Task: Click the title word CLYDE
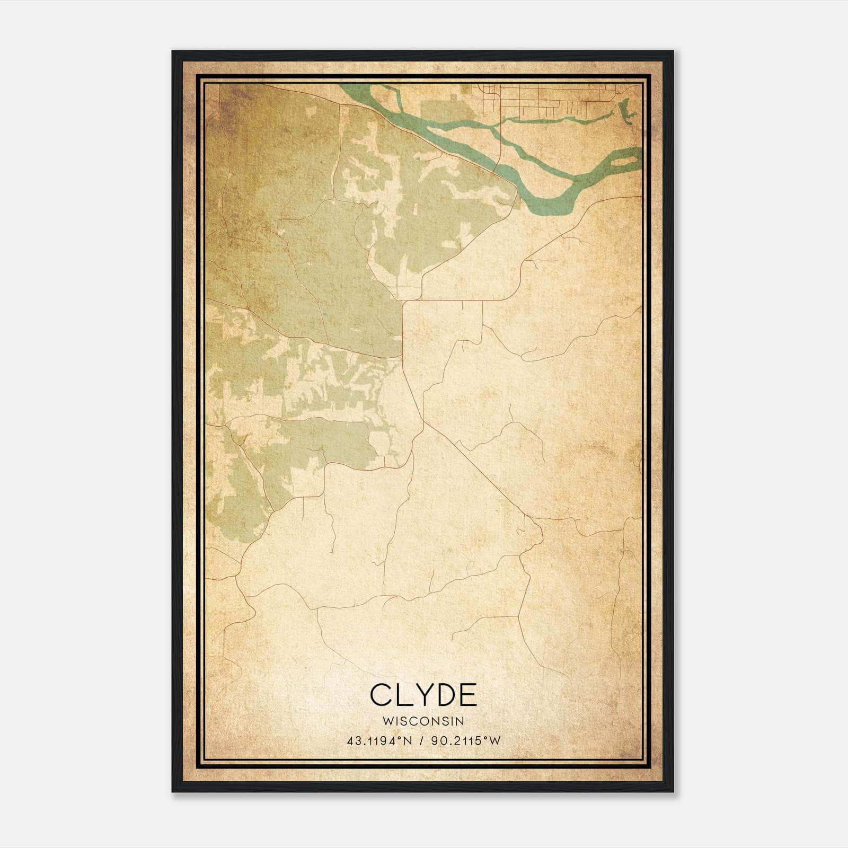click(423, 695)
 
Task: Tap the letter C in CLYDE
click(381, 695)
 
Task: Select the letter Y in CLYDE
click(422, 695)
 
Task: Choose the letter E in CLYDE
click(467, 695)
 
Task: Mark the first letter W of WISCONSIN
click(387, 721)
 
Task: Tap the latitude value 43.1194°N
click(379, 740)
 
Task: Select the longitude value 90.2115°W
click(465, 740)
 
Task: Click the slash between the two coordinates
click(422, 740)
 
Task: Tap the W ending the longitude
click(495, 740)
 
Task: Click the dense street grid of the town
click(546, 101)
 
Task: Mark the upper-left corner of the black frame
click(173, 52)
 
